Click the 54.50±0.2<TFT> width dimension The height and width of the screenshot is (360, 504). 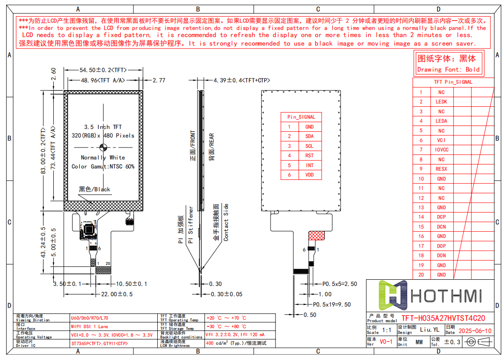point(103,70)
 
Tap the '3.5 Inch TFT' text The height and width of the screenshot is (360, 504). point(103,127)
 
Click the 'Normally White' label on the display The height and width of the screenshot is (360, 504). point(103,157)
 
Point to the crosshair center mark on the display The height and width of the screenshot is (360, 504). point(103,147)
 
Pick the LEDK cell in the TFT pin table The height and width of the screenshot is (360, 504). point(441,102)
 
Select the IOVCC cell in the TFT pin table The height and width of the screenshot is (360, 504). point(441,150)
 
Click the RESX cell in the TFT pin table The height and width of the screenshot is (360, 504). point(441,169)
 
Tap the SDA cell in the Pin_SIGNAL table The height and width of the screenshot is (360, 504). point(310,136)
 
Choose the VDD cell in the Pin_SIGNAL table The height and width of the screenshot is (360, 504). point(310,175)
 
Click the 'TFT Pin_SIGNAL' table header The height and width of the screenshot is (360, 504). point(453,82)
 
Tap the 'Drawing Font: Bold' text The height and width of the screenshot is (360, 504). point(448,69)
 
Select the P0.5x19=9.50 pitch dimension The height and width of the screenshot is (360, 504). point(332,304)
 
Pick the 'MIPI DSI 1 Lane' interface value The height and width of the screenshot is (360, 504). point(90,326)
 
